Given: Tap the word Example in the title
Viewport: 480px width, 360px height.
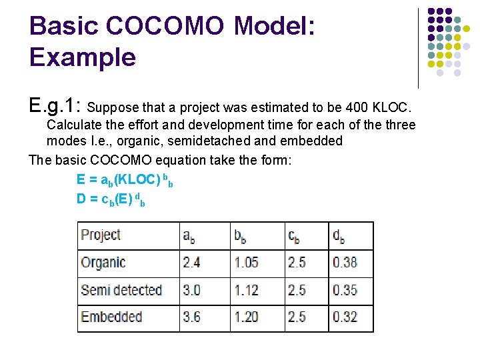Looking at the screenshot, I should (x=82, y=57).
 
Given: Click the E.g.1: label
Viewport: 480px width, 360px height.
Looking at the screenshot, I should (x=55, y=105).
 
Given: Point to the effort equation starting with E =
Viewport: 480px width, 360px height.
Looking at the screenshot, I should (x=125, y=181).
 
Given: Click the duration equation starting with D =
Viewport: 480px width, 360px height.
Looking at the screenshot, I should (x=111, y=198).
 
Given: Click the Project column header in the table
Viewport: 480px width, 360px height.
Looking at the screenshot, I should (x=100, y=235).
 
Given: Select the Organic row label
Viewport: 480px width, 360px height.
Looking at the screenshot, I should (x=103, y=263).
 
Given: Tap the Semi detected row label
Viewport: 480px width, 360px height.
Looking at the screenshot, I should (x=121, y=290).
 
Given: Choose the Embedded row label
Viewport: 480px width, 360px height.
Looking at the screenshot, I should (x=111, y=317).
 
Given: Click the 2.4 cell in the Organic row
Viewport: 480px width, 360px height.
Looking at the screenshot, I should (x=191, y=263).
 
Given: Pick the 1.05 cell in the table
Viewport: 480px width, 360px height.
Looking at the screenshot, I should (x=246, y=263).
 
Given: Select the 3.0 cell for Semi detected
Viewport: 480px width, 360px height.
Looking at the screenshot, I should (x=191, y=290).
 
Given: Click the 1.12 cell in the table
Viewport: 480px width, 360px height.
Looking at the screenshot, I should (x=246, y=290).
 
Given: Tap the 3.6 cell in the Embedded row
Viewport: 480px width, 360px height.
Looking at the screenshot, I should (x=191, y=317).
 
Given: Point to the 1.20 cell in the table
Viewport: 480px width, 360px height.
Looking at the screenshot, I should (x=246, y=317).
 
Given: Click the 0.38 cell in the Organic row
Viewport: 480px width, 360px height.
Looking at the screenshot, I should (x=345, y=263).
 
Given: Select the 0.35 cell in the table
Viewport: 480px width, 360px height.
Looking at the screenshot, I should (x=345, y=290).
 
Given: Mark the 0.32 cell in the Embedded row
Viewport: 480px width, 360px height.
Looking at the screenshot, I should (x=345, y=317).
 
